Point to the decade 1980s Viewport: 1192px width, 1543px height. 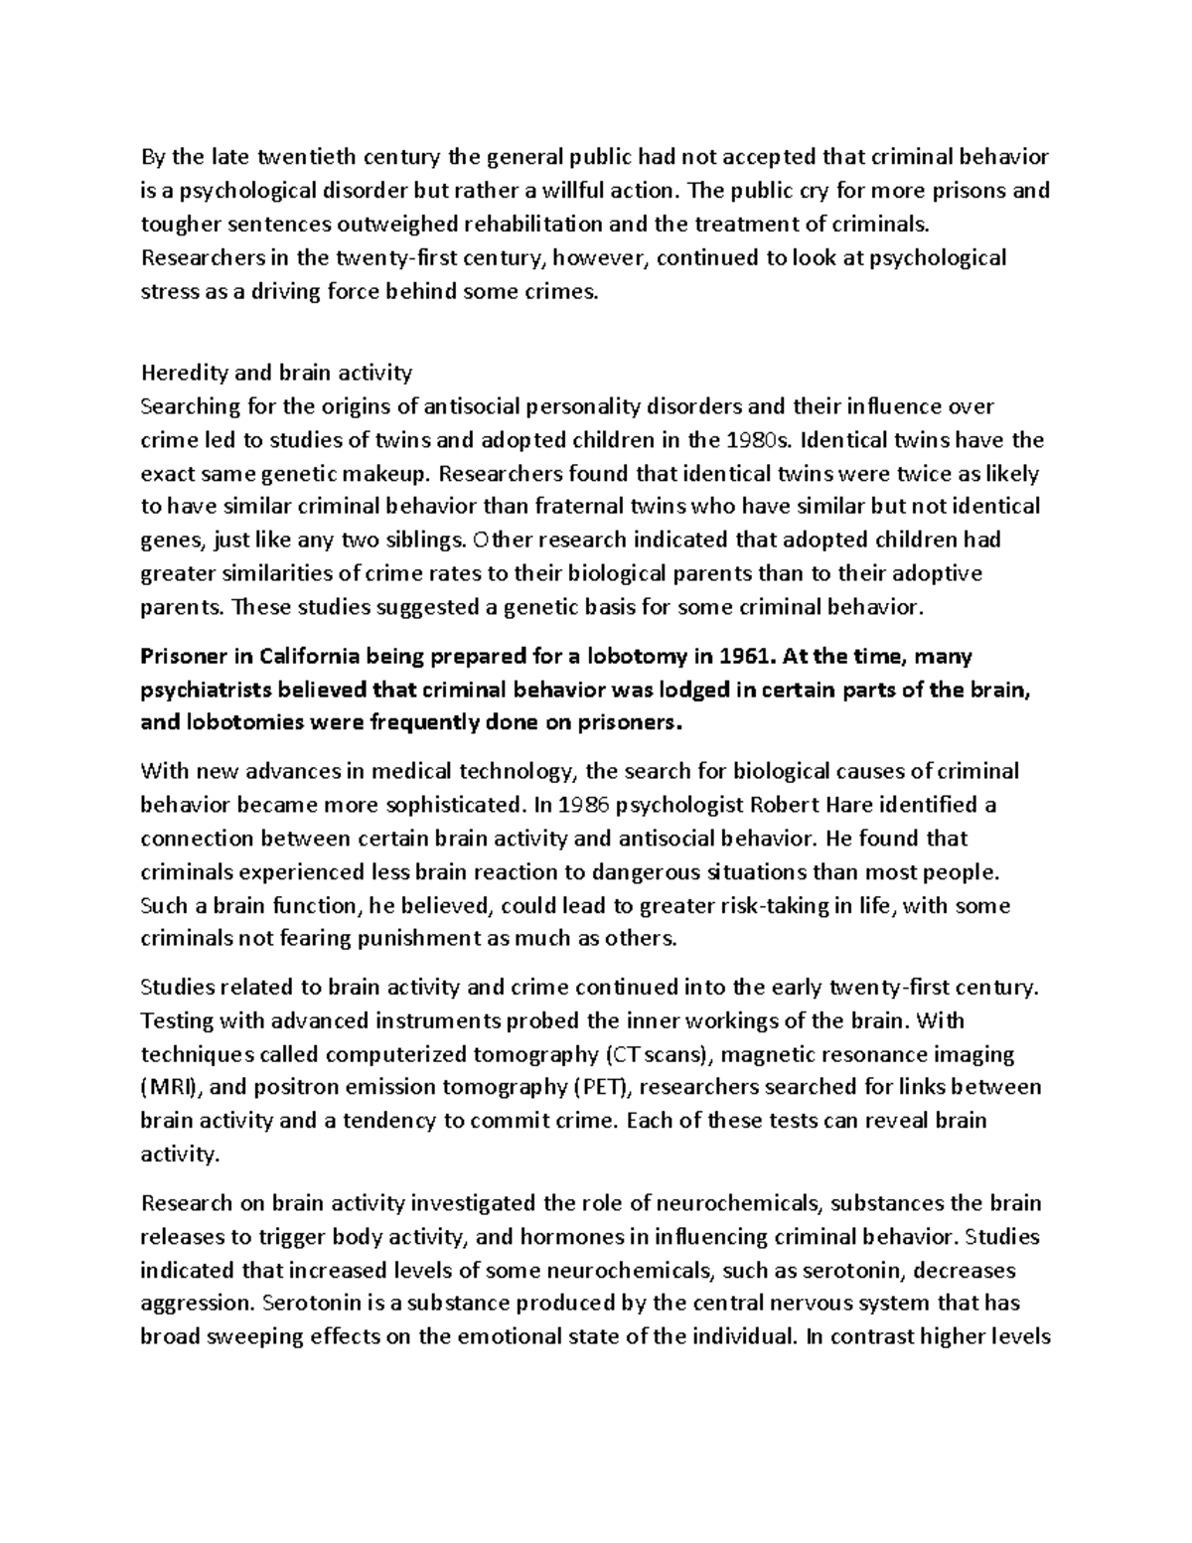pyautogui.click(x=758, y=439)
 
